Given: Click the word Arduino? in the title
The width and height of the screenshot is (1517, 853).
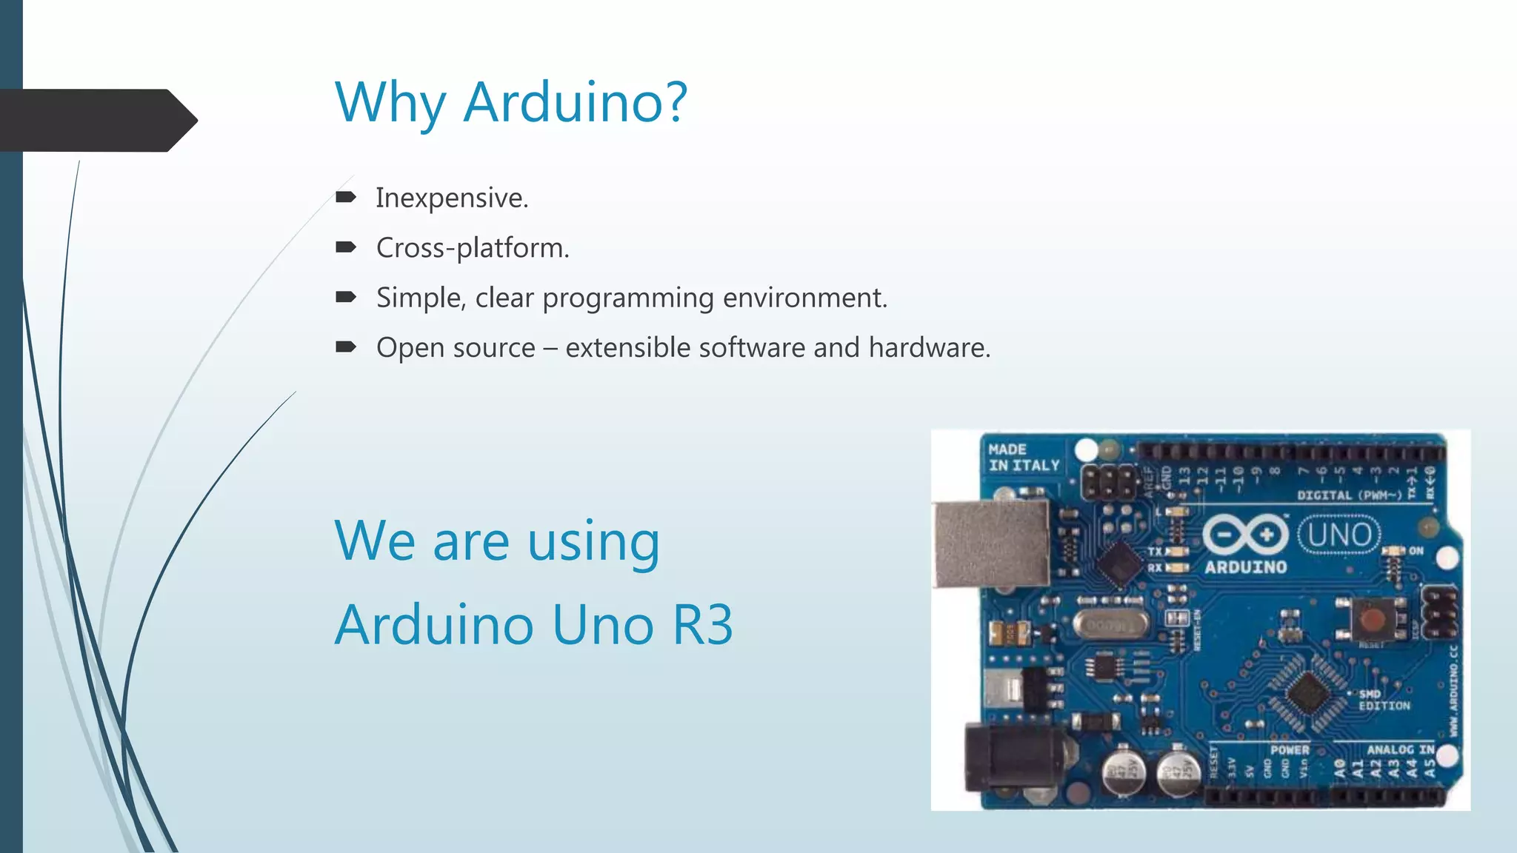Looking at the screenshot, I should coord(576,102).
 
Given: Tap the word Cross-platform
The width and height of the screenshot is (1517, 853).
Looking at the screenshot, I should coord(472,248).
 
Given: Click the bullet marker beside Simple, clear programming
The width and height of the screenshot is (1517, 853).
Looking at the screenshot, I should coord(345,297).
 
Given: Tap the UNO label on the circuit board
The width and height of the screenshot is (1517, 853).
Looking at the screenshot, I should coord(1339,535).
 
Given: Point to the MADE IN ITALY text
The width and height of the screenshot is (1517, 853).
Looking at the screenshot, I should coord(1024,458).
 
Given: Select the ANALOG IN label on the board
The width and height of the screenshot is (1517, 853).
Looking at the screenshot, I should coord(1400,749).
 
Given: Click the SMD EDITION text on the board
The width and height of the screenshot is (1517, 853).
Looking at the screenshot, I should coord(1383,700).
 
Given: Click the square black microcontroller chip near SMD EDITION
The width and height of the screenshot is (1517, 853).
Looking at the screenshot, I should coord(1309,693).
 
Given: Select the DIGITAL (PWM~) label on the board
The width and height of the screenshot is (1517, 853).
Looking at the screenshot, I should coord(1349,495).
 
